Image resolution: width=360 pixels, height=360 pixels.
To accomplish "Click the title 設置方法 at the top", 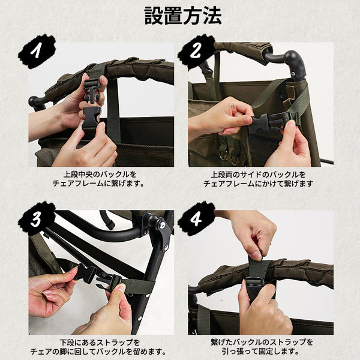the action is click(x=183, y=16).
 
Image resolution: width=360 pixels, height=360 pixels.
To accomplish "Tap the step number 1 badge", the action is click(x=37, y=52).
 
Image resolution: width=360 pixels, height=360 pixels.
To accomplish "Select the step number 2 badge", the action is click(x=196, y=52).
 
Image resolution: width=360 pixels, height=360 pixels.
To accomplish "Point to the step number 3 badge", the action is click(x=37, y=218).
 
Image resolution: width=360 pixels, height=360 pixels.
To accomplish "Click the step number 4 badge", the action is click(x=196, y=218).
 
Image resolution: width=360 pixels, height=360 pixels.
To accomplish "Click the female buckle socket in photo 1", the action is click(x=91, y=118).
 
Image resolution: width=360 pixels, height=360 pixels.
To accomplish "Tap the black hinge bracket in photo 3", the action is click(x=160, y=231).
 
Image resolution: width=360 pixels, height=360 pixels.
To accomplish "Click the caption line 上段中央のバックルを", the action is click(x=100, y=175).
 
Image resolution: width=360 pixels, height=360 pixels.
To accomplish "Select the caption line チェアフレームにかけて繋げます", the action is click(x=259, y=184).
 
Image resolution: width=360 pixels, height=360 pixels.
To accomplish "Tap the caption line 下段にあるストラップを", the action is click(x=100, y=343).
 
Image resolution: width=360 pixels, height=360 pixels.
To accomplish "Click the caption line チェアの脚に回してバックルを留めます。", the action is click(x=98, y=352).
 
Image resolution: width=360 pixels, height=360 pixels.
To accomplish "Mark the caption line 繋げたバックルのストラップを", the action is click(x=262, y=342).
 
